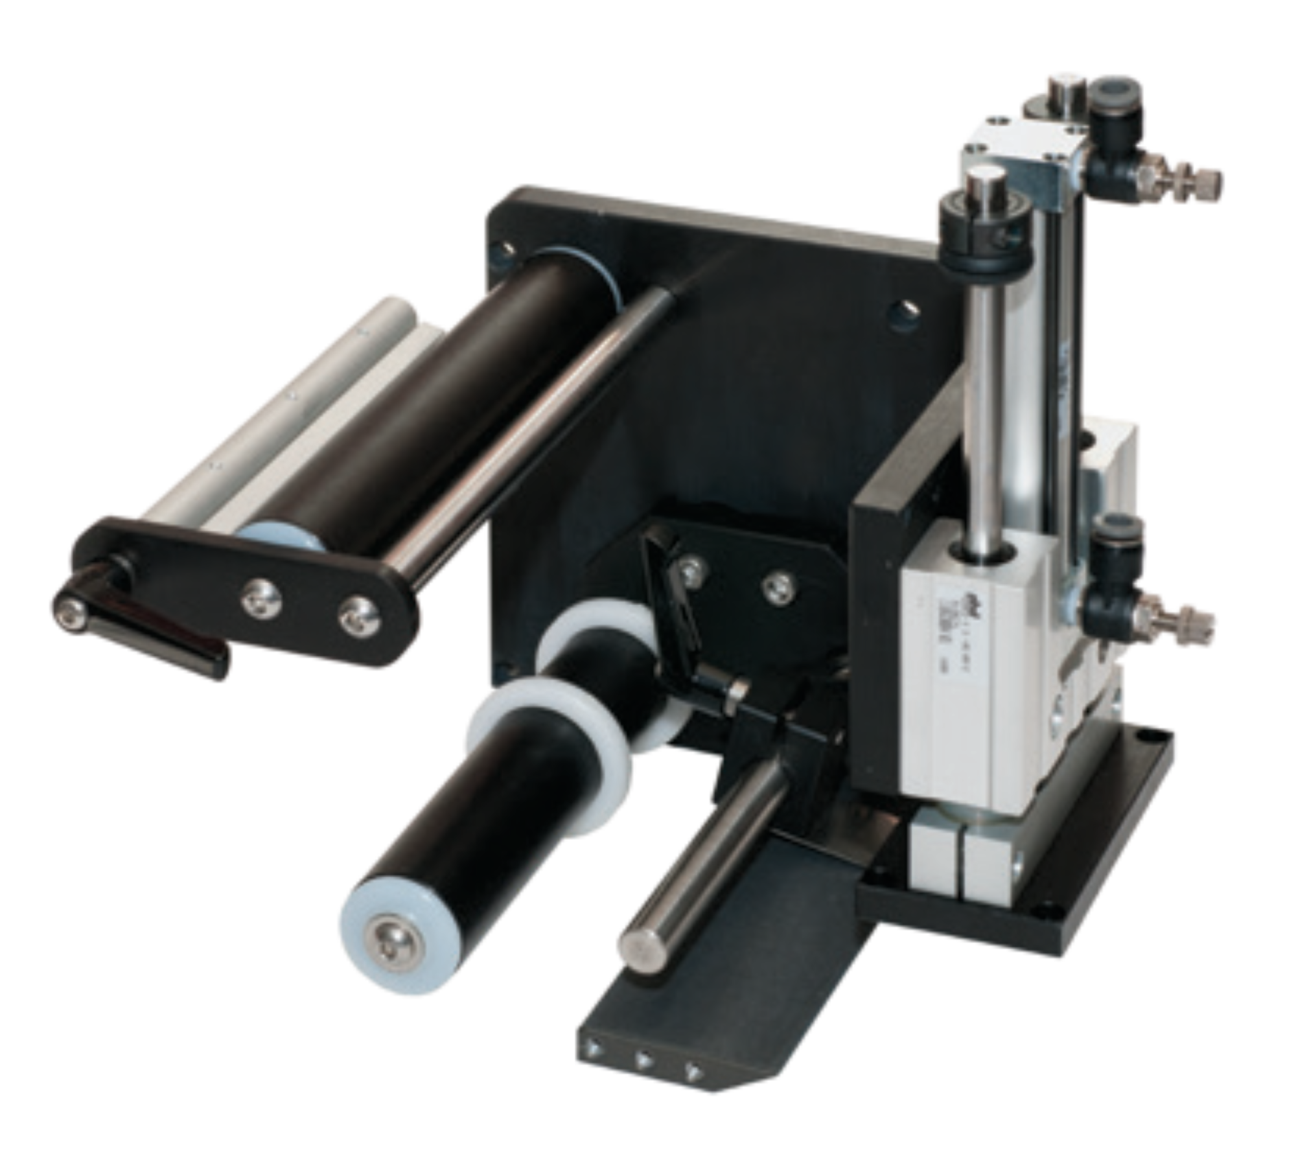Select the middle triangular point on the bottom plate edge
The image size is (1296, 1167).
(x=644, y=1061)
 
